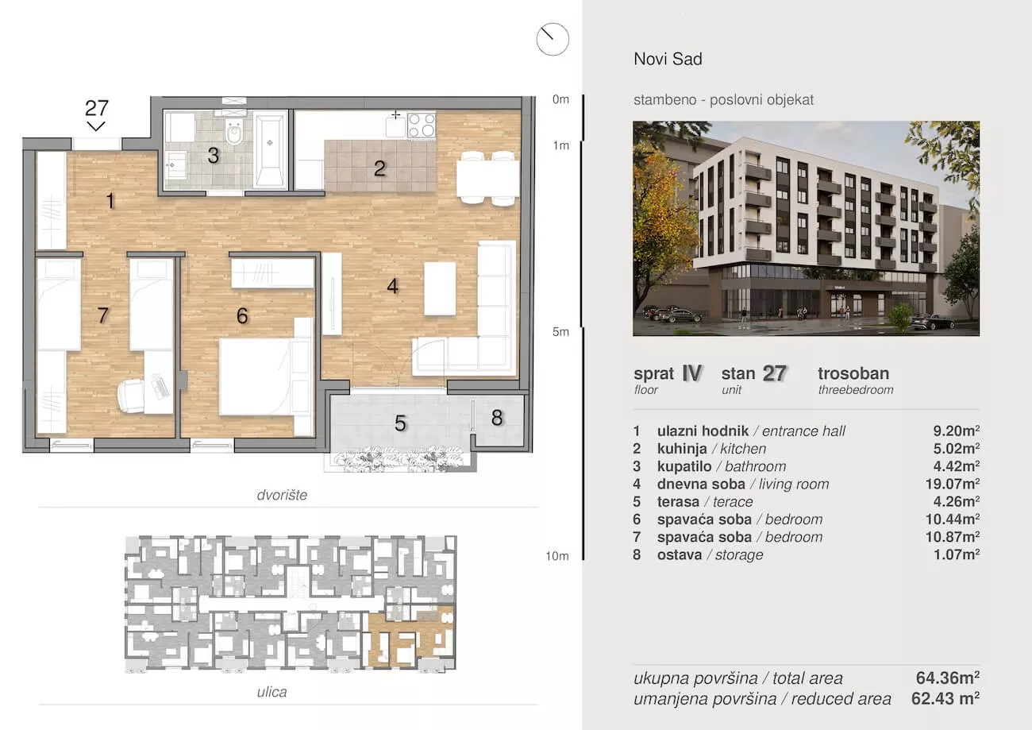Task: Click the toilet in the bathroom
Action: (x=234, y=130)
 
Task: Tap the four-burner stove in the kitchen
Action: (x=422, y=126)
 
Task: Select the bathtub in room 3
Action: (x=270, y=151)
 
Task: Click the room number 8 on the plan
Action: (x=497, y=418)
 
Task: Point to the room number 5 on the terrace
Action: (x=400, y=423)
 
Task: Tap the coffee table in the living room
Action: (x=440, y=289)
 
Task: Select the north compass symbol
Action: (x=553, y=39)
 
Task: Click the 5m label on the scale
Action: (x=560, y=332)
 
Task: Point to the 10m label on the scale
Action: (x=557, y=556)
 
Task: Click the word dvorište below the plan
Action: (x=282, y=495)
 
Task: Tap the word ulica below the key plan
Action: (x=271, y=692)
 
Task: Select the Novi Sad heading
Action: (x=668, y=59)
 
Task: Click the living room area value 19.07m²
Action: (x=953, y=484)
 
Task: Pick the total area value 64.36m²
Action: (x=948, y=678)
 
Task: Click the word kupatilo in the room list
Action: (x=684, y=466)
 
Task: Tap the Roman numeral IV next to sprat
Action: (x=691, y=373)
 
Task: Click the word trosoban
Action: (x=853, y=373)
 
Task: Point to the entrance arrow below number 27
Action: (x=96, y=126)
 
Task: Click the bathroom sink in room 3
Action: (x=175, y=164)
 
